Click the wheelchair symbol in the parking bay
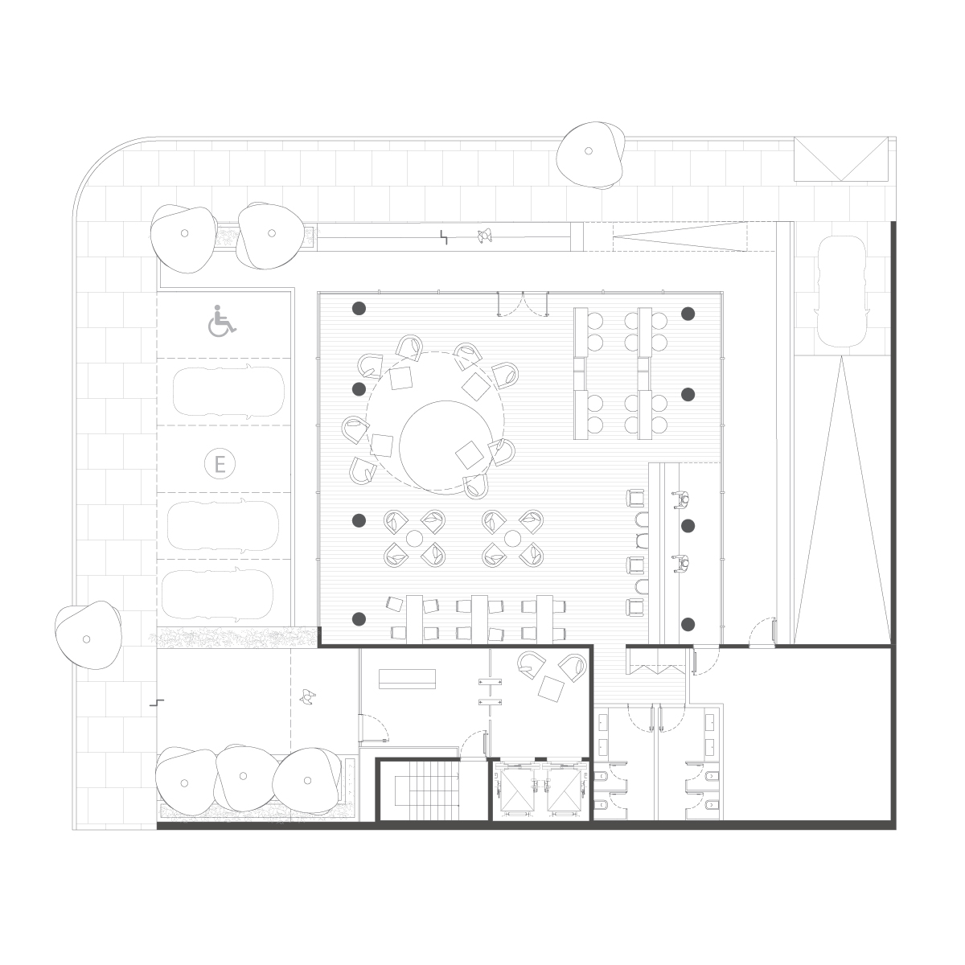(222, 320)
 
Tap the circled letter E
(220, 464)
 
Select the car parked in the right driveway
(841, 291)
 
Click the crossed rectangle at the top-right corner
(841, 158)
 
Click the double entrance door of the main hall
(523, 304)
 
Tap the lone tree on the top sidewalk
(591, 154)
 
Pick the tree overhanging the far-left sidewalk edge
(88, 635)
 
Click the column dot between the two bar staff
(688, 525)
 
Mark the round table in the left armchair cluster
(414, 538)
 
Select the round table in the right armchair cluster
(512, 538)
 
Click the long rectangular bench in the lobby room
(407, 679)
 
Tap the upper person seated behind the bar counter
(682, 500)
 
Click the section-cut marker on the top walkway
(444, 237)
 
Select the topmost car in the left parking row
(228, 391)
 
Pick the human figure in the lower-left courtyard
(307, 697)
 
